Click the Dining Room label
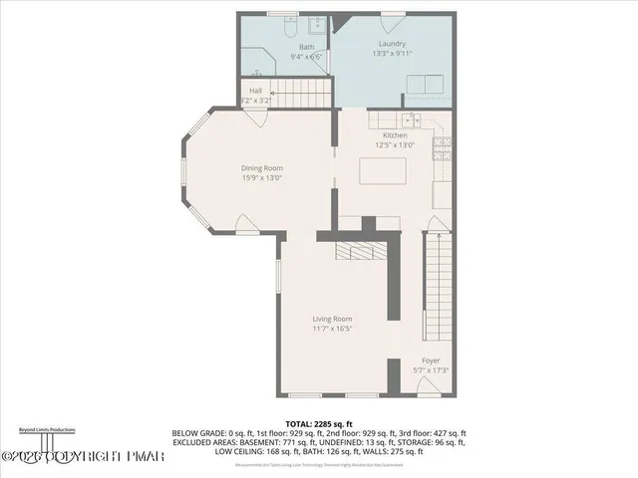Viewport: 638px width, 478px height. [x=262, y=168]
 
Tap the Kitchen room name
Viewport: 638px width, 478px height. [x=395, y=134]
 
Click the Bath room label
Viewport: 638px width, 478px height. [x=306, y=46]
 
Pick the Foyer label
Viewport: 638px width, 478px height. [x=431, y=359]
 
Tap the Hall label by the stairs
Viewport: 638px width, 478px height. [x=256, y=91]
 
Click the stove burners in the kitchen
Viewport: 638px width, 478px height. [x=440, y=148]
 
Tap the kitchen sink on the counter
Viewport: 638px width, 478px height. [x=417, y=120]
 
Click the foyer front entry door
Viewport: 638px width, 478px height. [x=430, y=391]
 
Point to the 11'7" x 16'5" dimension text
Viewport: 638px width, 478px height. [x=333, y=328]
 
